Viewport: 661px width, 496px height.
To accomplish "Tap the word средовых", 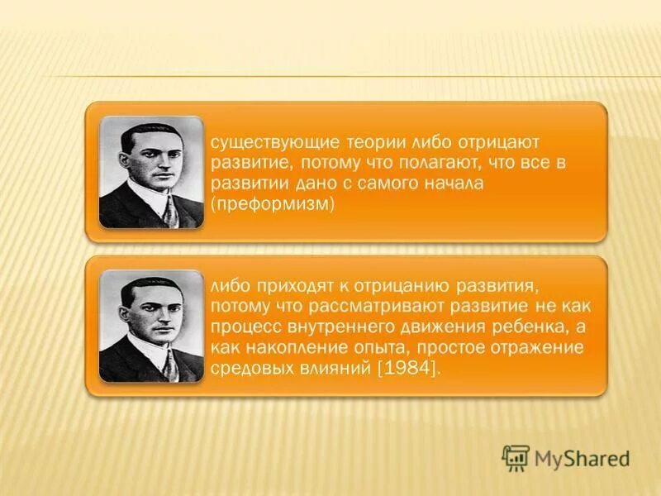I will click(245, 370).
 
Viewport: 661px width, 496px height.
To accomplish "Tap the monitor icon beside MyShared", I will click(516, 457).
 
